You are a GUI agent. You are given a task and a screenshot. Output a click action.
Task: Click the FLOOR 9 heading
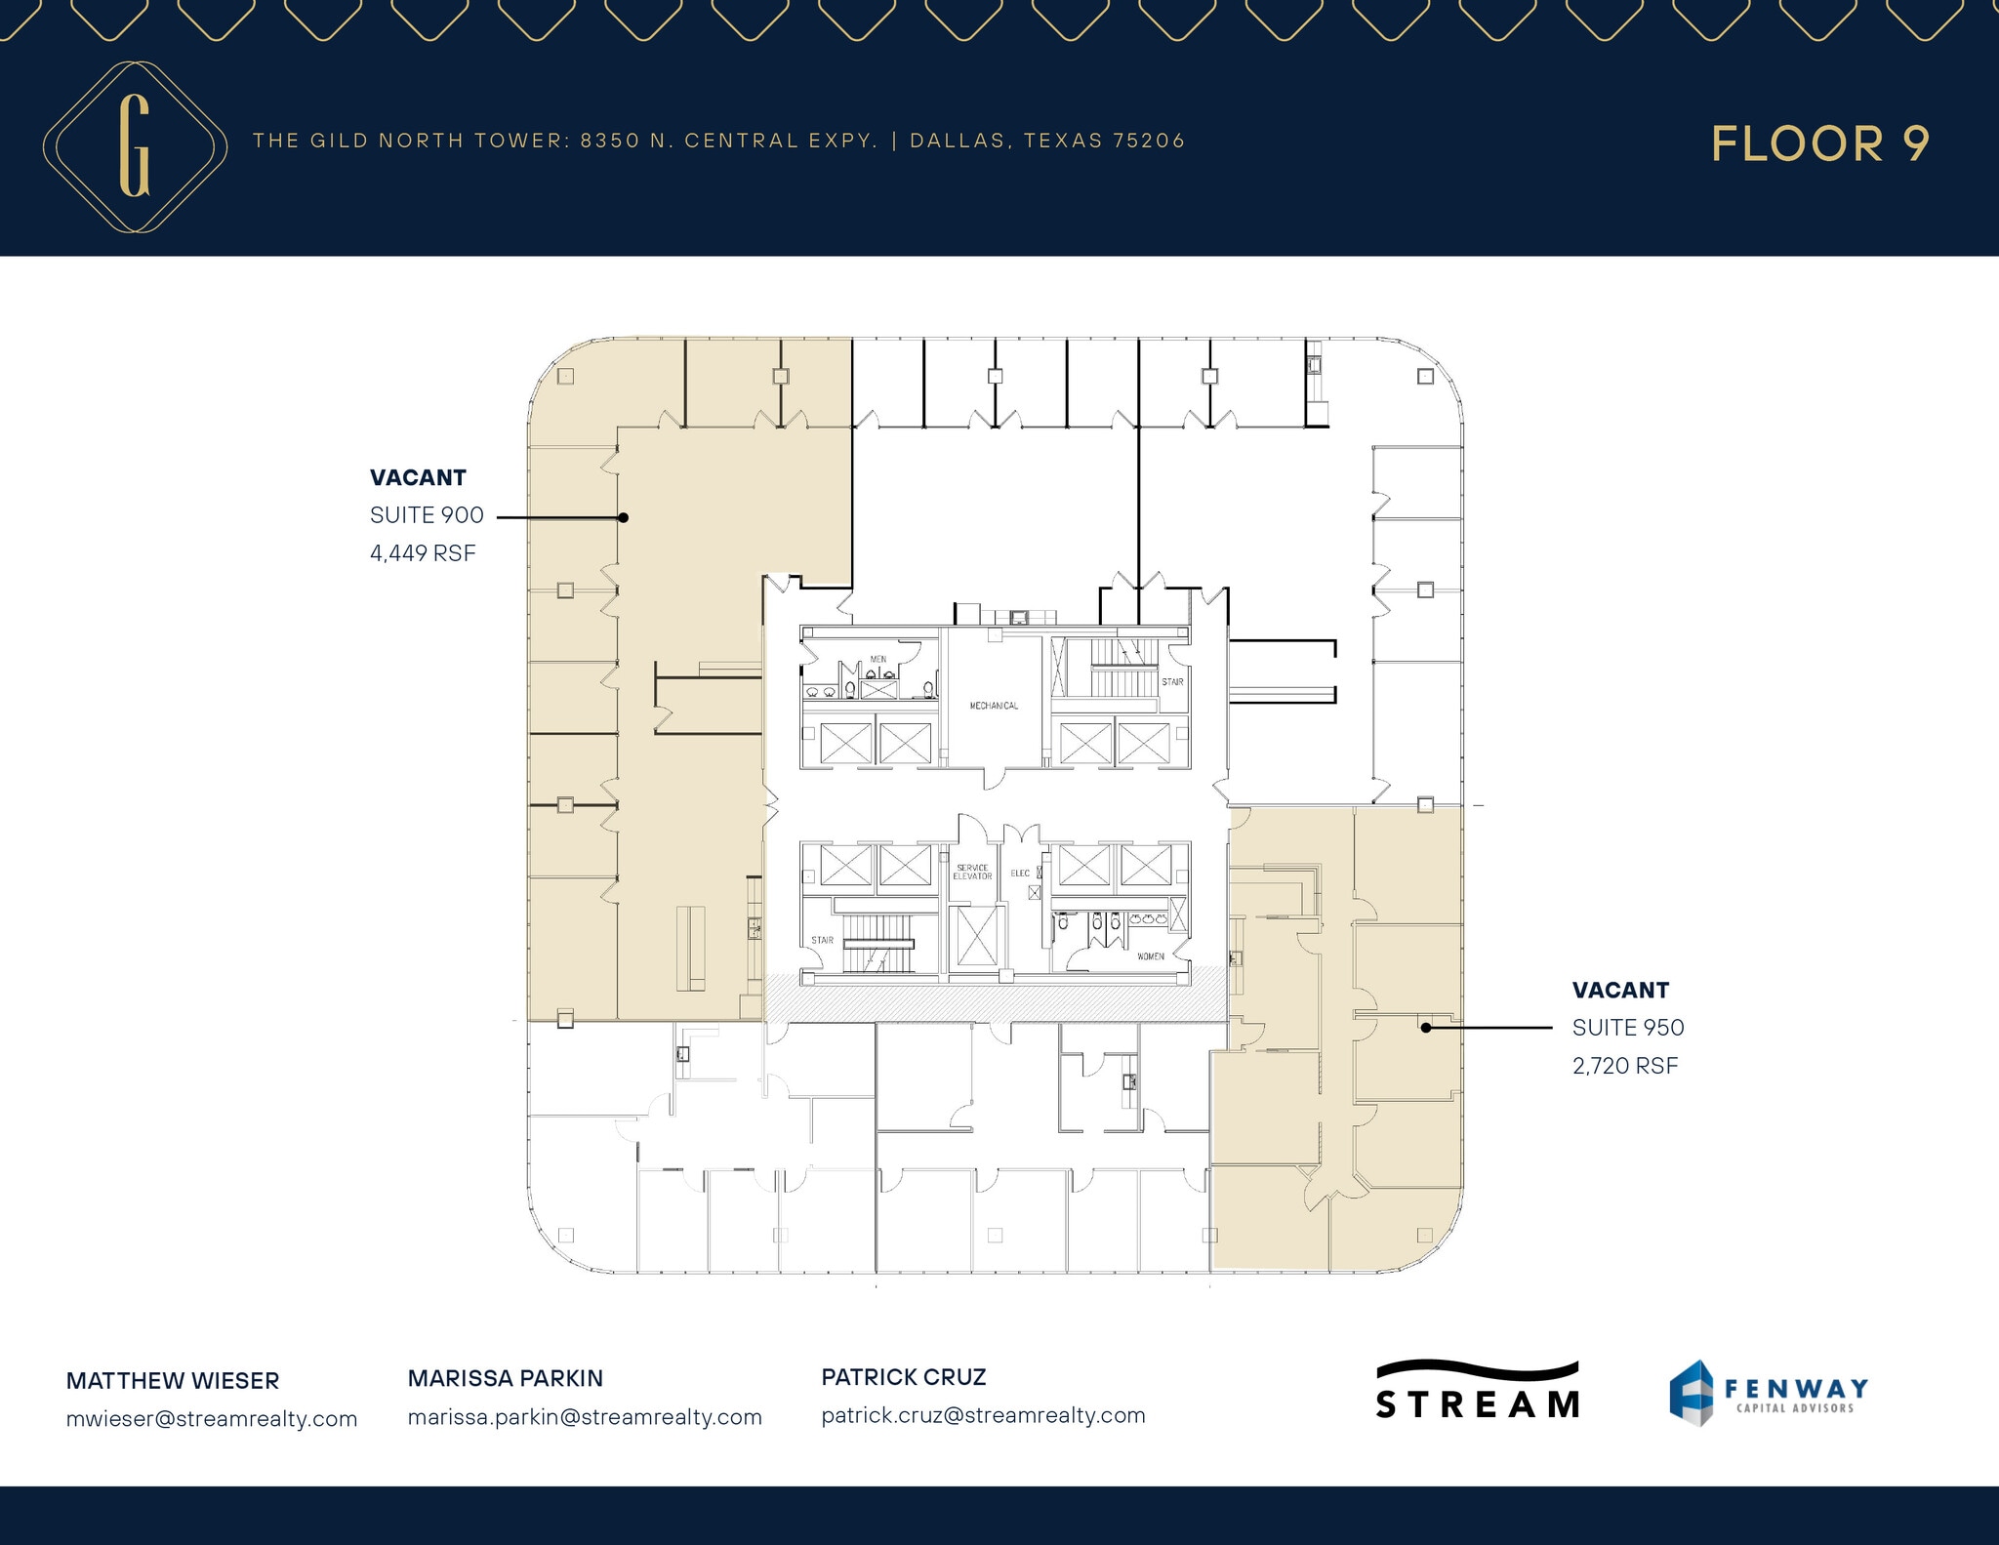(x=1819, y=143)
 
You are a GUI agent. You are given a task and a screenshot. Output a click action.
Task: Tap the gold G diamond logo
(x=135, y=146)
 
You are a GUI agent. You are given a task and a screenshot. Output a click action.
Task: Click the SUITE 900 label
(x=427, y=515)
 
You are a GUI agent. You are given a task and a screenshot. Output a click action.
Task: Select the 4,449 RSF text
(x=423, y=553)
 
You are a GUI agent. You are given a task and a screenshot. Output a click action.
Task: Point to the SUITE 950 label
(x=1627, y=1028)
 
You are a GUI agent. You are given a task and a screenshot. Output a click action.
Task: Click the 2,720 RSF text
(x=1624, y=1066)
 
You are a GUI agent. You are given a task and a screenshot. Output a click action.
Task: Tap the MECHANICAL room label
(x=994, y=706)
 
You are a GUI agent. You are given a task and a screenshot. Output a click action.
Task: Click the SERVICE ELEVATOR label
(x=972, y=872)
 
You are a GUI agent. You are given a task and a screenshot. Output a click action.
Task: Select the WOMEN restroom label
(x=1150, y=956)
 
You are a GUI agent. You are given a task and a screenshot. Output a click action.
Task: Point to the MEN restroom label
(x=878, y=660)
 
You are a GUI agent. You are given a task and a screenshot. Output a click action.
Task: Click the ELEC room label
(x=1020, y=874)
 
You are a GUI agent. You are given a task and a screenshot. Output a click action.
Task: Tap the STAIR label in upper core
(x=1172, y=682)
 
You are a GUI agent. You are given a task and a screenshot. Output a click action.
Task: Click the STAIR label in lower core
(x=822, y=941)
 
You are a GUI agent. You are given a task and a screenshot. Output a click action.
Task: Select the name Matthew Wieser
(x=173, y=1381)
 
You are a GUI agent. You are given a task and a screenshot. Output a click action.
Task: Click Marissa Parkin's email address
(x=585, y=1417)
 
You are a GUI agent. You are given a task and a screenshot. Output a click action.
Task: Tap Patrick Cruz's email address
(x=983, y=1415)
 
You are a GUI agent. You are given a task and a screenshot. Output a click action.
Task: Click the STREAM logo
(x=1478, y=1392)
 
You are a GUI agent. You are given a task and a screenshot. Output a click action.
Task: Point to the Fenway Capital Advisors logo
(x=1768, y=1393)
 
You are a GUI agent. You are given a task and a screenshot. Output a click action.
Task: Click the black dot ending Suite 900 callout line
(x=623, y=517)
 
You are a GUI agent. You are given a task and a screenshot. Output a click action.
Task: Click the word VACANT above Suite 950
(x=1620, y=991)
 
